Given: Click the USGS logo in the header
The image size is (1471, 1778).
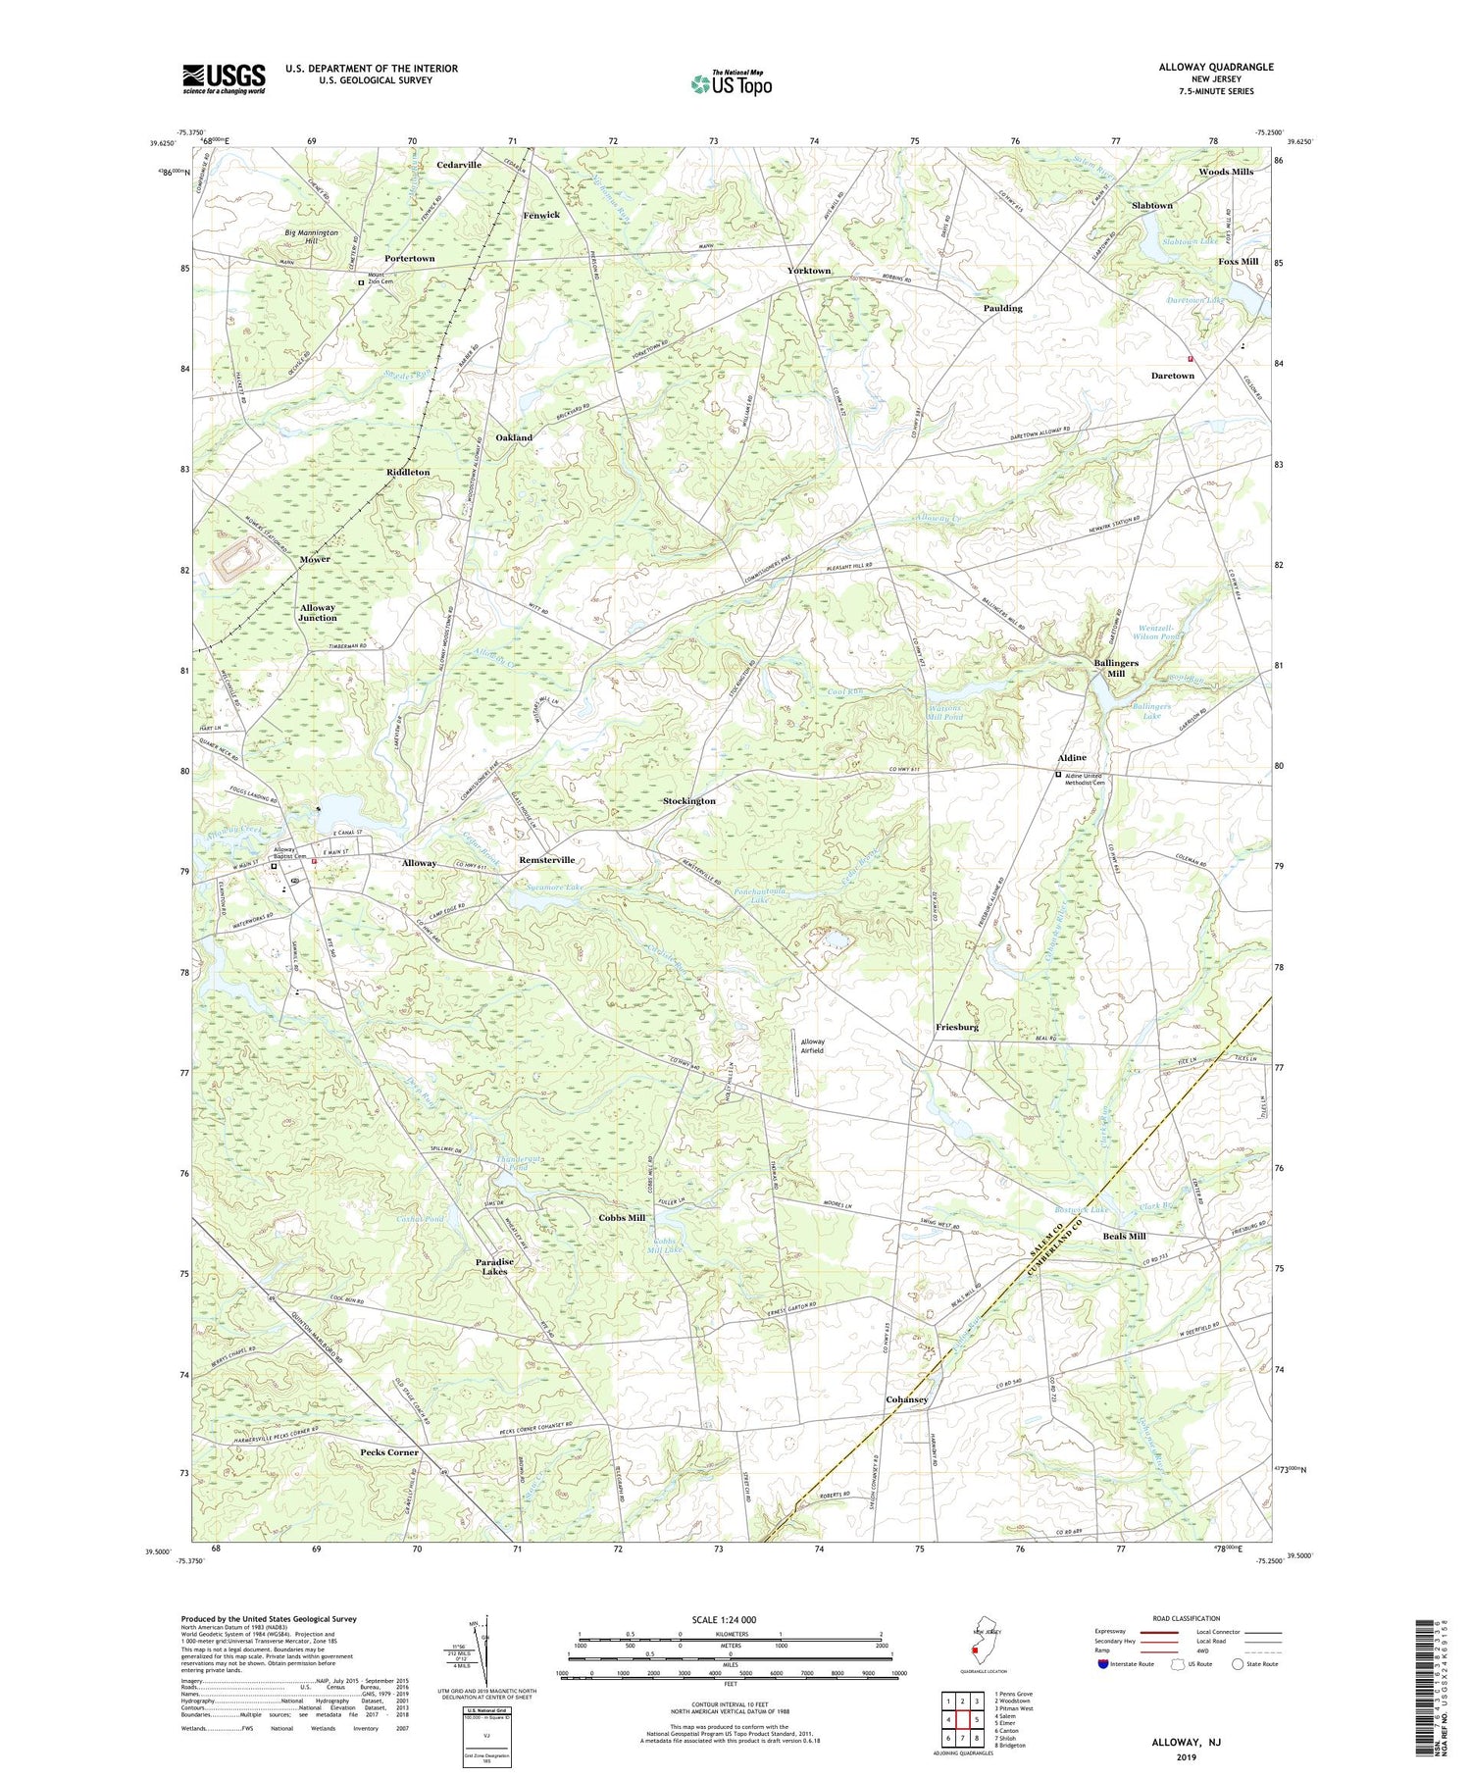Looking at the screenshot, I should pos(224,78).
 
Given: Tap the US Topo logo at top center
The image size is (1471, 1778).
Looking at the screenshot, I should pos(731,84).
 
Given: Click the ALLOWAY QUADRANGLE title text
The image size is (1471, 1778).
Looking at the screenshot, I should pos(1215,67).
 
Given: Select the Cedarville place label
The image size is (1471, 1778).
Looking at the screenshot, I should pos(459,165).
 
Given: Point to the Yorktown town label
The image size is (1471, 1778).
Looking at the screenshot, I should pos(808,271).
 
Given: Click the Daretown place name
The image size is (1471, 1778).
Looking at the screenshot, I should pos(1172,376).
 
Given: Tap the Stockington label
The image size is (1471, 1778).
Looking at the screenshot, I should pos(688,801).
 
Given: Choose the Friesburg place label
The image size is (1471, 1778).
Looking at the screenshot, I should pos(956,1027).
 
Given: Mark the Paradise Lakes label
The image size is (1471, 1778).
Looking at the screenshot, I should pos(494,1266).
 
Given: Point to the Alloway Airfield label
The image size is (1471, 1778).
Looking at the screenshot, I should pos(812,1045).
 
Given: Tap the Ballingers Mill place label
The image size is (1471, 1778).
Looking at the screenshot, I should pos(1116,669).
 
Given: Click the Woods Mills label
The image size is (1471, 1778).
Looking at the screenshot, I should pos(1225,172).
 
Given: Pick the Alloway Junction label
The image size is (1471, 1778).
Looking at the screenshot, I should pos(318,613).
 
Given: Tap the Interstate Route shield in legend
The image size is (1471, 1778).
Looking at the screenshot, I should pos(1102,1663).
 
